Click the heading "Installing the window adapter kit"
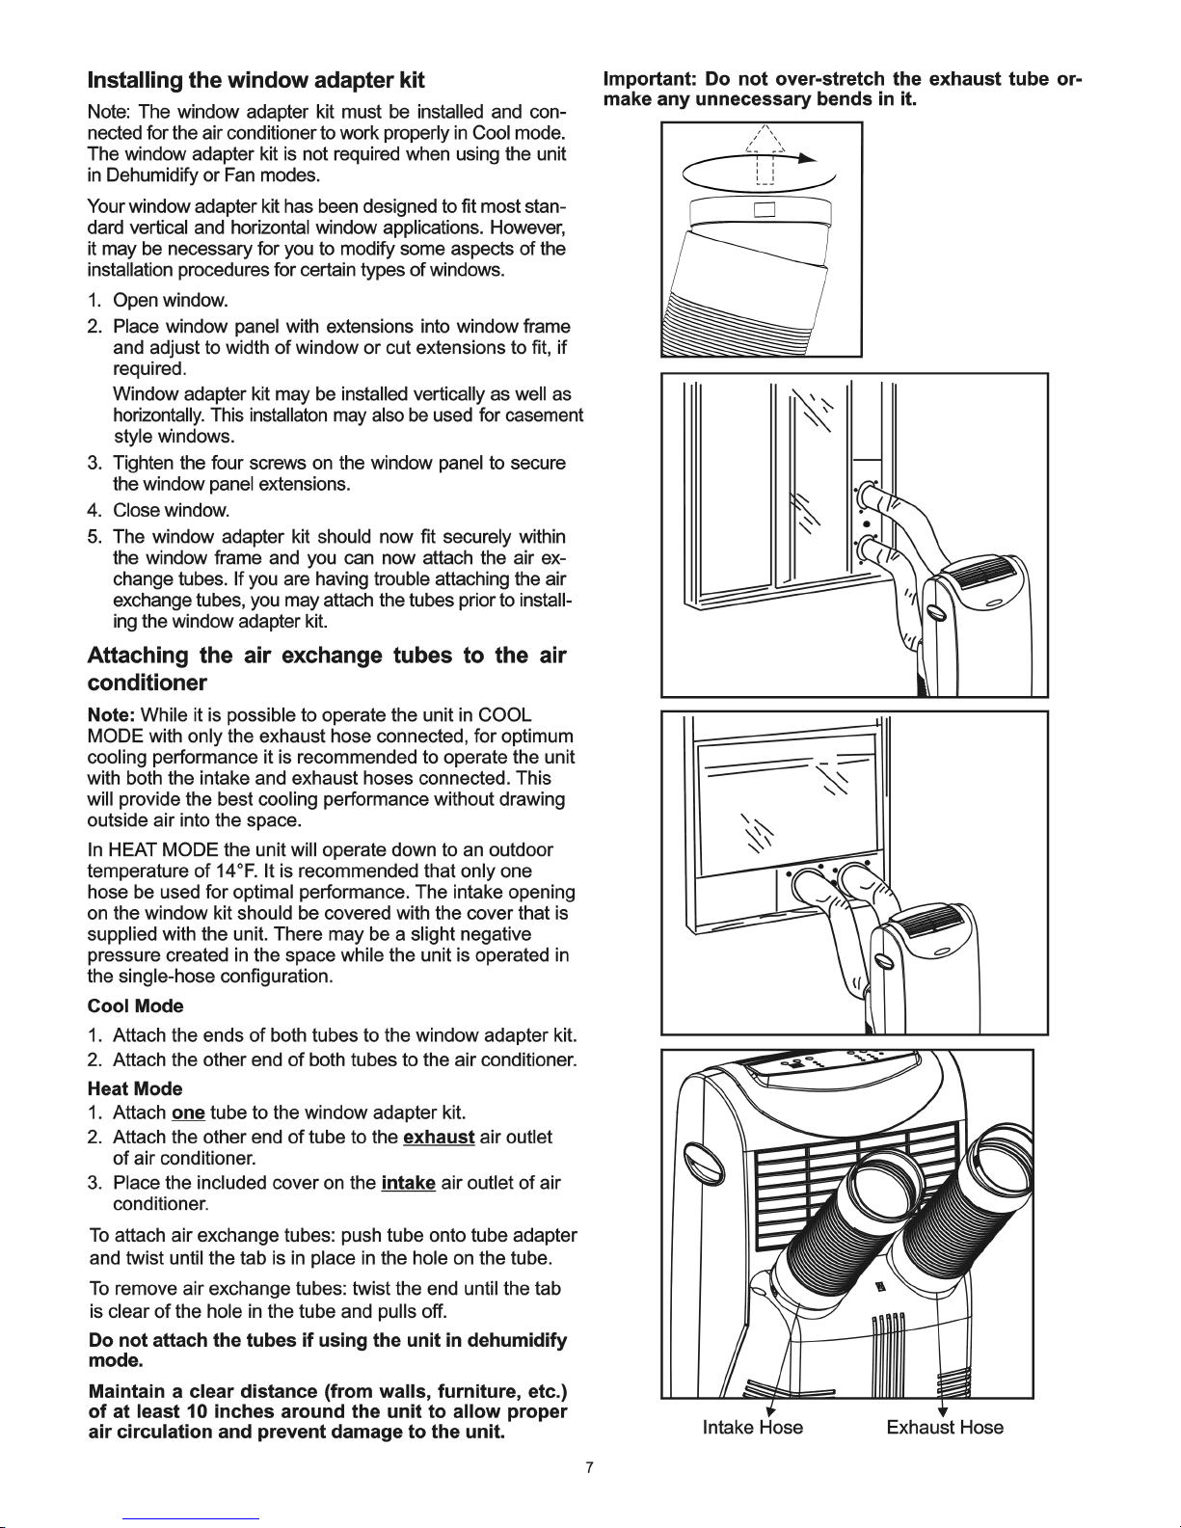[255, 81]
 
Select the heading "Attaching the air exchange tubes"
[327, 669]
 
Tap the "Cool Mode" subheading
[136, 1006]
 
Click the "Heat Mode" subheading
[135, 1089]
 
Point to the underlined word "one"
[188, 1113]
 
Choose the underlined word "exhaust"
[439, 1138]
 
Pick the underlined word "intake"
[409, 1184]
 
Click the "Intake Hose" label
[753, 1428]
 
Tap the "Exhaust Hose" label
[945, 1428]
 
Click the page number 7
[590, 1467]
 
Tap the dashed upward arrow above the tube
[765, 154]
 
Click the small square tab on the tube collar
[765, 209]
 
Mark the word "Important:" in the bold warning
[650, 79]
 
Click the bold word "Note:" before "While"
[111, 716]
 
